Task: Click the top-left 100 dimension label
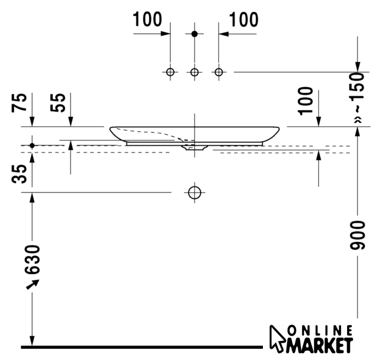[147, 19]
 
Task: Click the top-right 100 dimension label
[244, 20]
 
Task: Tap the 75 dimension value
[19, 103]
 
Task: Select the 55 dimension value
[58, 103]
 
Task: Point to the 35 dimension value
[19, 174]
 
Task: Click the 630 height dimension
[32, 259]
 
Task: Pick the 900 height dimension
[357, 235]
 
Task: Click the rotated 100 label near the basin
[305, 101]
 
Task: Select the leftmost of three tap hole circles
[170, 72]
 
